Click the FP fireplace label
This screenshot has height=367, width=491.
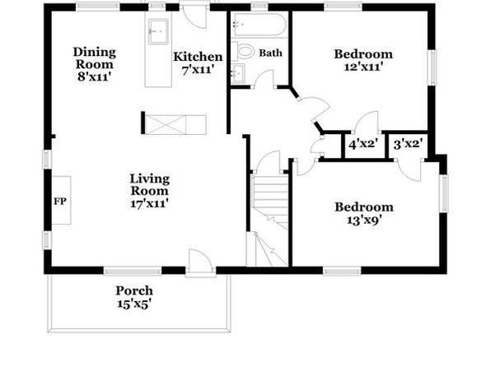pos(60,201)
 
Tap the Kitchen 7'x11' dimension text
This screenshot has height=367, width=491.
pos(198,69)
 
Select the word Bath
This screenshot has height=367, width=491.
pos(270,53)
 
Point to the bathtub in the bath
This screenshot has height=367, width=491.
pos(259,25)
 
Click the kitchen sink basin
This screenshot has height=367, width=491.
pos(159,31)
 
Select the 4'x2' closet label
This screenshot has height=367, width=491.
pos(363,144)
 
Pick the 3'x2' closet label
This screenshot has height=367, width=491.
pos(409,144)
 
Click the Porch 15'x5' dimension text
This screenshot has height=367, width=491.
pos(134,304)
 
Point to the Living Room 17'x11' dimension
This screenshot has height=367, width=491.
pos(150,204)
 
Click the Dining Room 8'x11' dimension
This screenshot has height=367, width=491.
pos(95,77)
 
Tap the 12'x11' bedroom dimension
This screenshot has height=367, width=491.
pos(363,67)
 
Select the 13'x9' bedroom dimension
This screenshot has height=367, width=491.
pos(364,221)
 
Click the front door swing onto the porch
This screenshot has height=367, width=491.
pos(200,260)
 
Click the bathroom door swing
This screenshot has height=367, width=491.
pos(264,78)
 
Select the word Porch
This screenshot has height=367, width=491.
pos(134,291)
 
